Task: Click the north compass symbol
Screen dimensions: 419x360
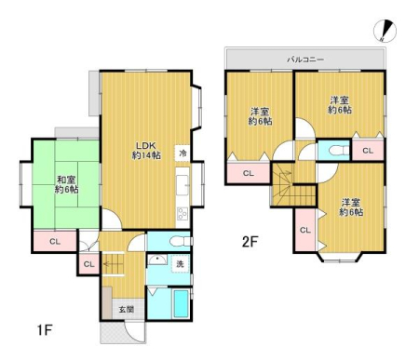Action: (x=385, y=30)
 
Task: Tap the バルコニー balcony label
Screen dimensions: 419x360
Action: (x=305, y=59)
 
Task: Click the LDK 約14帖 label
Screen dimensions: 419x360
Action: (x=146, y=150)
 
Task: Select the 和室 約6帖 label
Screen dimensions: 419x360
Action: (x=66, y=184)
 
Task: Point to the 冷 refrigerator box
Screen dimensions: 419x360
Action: (x=182, y=153)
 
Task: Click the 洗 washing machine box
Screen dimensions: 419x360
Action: (x=180, y=263)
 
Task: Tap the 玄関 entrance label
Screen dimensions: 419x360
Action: (x=127, y=309)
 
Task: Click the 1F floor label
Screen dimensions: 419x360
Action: (x=45, y=330)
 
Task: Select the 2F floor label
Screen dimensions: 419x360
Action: (x=250, y=242)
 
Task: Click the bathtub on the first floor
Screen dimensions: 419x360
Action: (x=182, y=303)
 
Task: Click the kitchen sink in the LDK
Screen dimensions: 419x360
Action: (x=182, y=185)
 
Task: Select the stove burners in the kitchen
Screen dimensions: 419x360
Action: (x=182, y=214)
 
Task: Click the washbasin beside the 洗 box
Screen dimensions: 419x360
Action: (x=157, y=260)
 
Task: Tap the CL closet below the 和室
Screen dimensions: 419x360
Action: (x=55, y=241)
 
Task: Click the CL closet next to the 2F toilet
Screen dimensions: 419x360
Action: (x=368, y=151)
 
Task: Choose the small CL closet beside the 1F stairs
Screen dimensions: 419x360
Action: (x=89, y=264)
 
